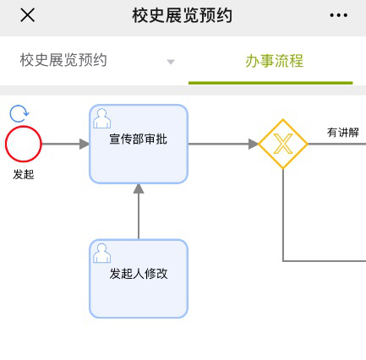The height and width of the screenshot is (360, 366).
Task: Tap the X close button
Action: pyautogui.click(x=28, y=15)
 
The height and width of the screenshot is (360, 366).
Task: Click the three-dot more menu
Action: pyautogui.click(x=339, y=15)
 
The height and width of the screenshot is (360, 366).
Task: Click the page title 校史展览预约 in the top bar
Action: pyautogui.click(x=183, y=15)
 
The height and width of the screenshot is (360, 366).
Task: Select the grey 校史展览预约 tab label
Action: pyautogui.click(x=63, y=60)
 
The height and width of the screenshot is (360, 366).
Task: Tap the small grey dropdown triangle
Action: pyautogui.click(x=171, y=62)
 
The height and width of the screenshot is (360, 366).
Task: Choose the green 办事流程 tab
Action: pyautogui.click(x=274, y=61)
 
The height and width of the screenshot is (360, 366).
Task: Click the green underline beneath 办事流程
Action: pyautogui.click(x=270, y=83)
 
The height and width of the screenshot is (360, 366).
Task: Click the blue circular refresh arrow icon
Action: pyautogui.click(x=19, y=113)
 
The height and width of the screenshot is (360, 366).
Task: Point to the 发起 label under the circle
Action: pyautogui.click(x=24, y=174)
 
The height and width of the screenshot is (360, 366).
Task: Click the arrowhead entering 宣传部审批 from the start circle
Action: pyautogui.click(x=85, y=144)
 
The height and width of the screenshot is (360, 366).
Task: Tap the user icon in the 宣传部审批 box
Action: pyautogui.click(x=101, y=118)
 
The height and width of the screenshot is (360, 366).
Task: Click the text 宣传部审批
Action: pyautogui.click(x=139, y=139)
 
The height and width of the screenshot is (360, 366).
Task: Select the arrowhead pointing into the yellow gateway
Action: pyautogui.click(x=254, y=144)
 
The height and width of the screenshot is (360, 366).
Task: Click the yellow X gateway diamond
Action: pyautogui.click(x=283, y=144)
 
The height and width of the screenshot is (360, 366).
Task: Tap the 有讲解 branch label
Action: pyautogui.click(x=343, y=132)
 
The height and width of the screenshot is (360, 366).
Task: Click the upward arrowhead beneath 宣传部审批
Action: pyautogui.click(x=139, y=188)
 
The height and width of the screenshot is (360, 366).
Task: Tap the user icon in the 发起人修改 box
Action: pyautogui.click(x=101, y=253)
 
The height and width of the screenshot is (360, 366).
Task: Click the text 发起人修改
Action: pyautogui.click(x=139, y=274)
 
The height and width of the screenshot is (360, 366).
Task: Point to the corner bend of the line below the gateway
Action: pyautogui.click(x=283, y=261)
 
